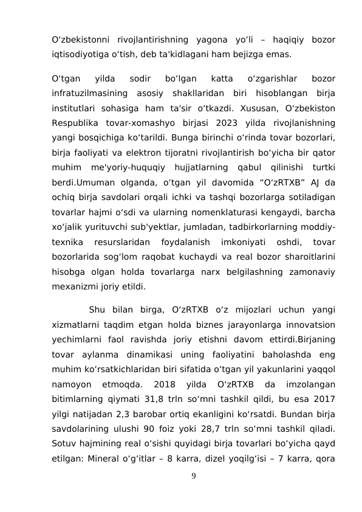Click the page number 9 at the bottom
[x=193, y=475]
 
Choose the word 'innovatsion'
[x=309, y=325]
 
